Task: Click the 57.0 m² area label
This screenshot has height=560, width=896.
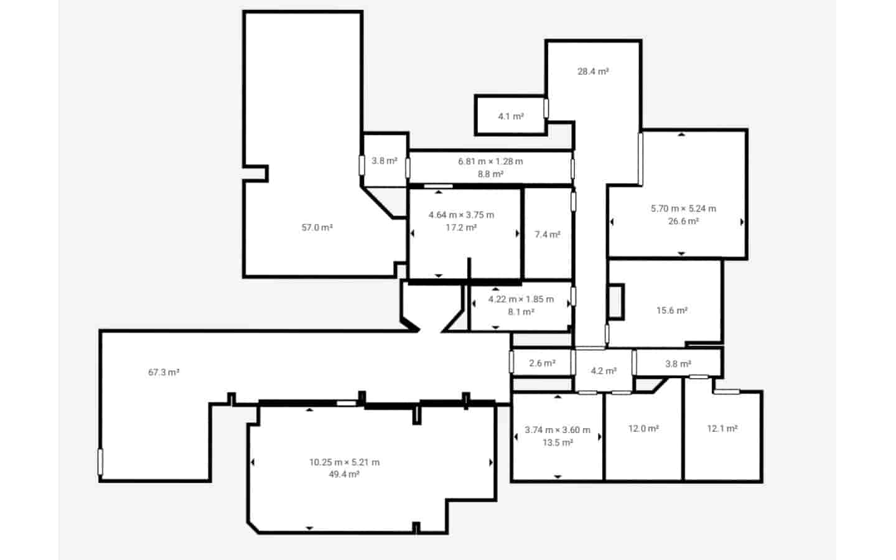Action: click(317, 228)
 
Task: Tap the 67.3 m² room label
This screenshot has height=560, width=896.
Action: click(164, 372)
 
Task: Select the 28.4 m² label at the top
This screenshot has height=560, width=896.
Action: click(592, 72)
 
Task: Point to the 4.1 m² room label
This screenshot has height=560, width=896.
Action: click(510, 116)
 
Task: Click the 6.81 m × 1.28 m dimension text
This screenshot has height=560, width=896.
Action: click(490, 161)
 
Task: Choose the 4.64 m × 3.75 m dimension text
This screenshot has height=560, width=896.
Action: click(461, 215)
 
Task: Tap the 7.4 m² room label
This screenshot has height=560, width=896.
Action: click(547, 235)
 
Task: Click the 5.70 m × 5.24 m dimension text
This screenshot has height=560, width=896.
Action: click(683, 208)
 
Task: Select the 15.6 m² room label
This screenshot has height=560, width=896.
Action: click(671, 310)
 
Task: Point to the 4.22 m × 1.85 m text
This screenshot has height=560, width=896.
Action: click(520, 299)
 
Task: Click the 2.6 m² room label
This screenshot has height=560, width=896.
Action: click(541, 363)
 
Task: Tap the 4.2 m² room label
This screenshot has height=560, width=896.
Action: click(603, 371)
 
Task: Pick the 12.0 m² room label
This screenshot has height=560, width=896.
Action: click(643, 429)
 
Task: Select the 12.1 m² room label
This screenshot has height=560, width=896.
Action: click(722, 429)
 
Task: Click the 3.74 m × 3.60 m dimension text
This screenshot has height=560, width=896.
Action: click(557, 430)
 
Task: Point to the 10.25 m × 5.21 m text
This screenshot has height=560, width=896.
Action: click(344, 462)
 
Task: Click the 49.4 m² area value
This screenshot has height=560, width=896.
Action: click(344, 475)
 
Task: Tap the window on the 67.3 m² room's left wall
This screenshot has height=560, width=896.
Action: click(100, 462)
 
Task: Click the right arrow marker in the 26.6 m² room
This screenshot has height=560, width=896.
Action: click(742, 222)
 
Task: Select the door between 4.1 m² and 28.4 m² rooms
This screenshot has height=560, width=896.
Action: click(546, 108)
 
